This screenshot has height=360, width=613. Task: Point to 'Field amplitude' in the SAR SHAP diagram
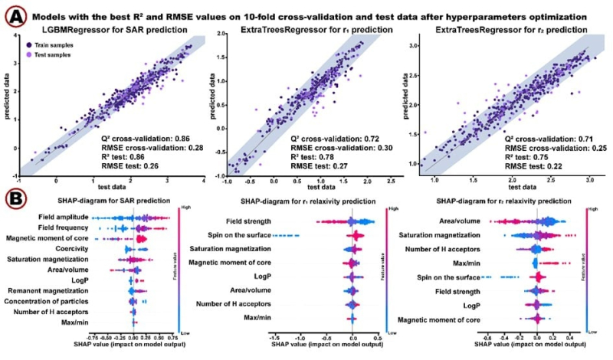[x=60, y=218]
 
